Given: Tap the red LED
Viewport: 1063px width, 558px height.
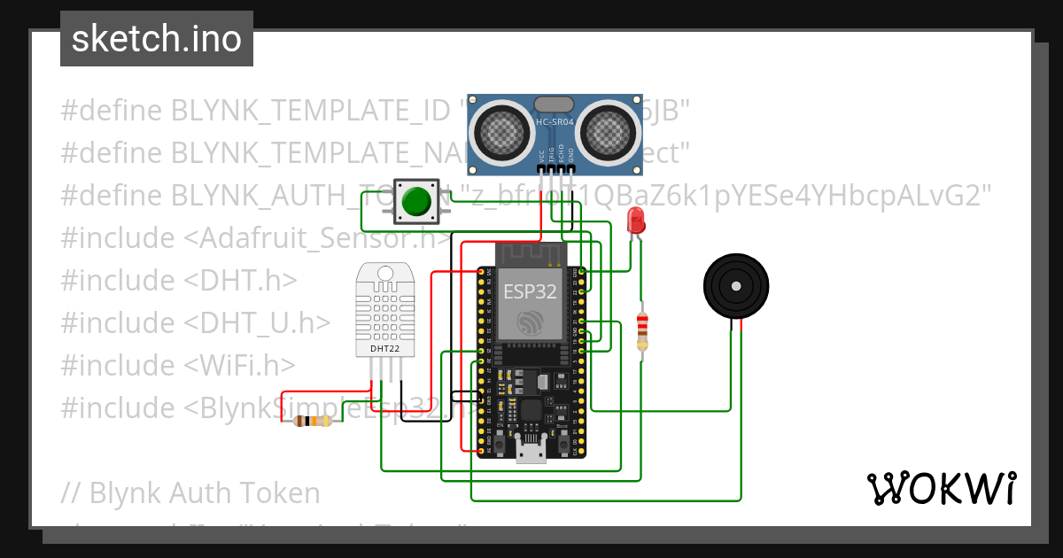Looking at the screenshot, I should [635, 220].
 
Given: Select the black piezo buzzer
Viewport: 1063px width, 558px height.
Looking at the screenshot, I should [734, 286].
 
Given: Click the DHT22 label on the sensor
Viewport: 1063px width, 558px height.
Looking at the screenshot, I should [384, 350].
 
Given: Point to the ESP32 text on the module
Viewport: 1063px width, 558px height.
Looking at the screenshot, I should [530, 290].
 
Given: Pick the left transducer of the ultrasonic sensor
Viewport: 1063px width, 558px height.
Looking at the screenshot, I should [501, 131].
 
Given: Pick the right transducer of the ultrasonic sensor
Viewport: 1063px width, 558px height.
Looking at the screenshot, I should [609, 131].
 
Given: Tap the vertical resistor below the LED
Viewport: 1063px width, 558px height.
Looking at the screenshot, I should [643, 330].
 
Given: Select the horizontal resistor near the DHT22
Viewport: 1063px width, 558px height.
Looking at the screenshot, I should [313, 422].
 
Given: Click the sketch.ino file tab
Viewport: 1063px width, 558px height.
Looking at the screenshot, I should [157, 39].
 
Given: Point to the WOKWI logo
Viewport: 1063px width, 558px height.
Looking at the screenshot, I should [940, 488].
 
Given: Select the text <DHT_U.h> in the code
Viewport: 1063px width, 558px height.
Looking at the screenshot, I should [258, 322].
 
